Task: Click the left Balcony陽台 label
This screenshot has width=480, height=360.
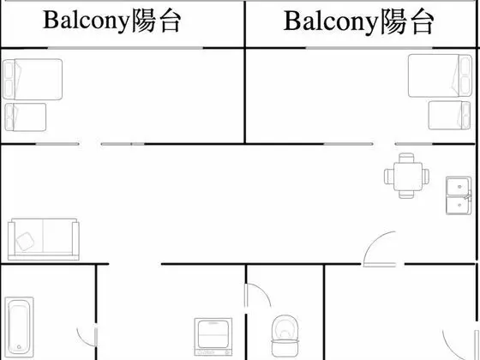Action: click(x=112, y=21)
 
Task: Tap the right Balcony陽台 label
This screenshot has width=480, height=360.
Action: click(x=358, y=21)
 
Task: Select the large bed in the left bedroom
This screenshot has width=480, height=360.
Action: click(x=33, y=79)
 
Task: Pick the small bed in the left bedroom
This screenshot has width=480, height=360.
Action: click(x=26, y=117)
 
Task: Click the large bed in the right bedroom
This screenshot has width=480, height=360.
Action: click(x=440, y=75)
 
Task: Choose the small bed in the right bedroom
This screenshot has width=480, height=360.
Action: click(x=449, y=115)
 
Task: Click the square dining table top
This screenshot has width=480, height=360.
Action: click(x=408, y=177)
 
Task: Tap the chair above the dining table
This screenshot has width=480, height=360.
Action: click(x=406, y=158)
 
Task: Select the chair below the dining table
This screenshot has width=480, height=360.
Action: click(x=406, y=195)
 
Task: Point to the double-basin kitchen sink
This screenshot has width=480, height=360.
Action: click(x=459, y=195)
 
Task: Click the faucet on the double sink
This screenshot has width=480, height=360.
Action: click(x=468, y=196)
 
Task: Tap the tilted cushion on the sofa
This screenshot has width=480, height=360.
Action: click(x=26, y=241)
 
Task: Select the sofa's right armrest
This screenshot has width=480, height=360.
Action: click(x=75, y=239)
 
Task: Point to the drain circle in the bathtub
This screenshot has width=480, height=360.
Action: click(x=19, y=347)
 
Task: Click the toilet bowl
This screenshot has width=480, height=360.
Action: click(x=285, y=327)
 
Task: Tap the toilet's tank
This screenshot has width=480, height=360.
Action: click(x=285, y=348)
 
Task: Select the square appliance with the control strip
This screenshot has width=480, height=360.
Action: click(x=213, y=337)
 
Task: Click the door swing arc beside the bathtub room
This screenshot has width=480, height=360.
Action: click(x=84, y=340)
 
